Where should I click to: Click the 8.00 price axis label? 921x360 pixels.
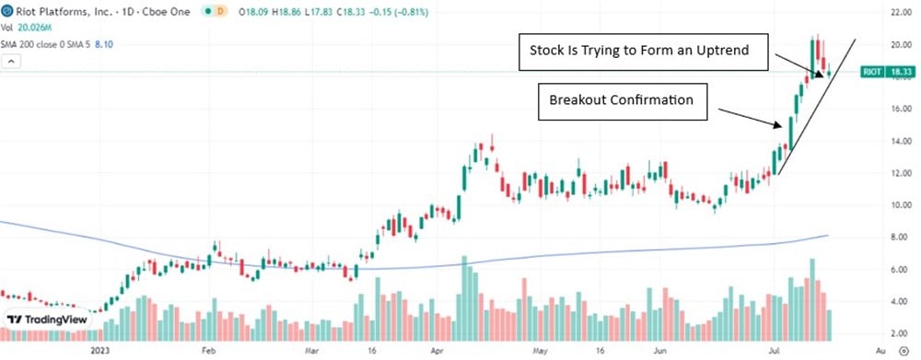coord(900,238)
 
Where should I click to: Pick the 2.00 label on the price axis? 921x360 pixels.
coord(900,333)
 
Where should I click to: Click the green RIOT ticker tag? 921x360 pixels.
coord(871,71)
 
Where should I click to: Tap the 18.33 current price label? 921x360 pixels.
coord(902,71)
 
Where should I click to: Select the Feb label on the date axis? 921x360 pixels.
coord(208,351)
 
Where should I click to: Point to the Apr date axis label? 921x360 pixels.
coord(435,351)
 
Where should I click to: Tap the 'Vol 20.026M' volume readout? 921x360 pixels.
coord(27,27)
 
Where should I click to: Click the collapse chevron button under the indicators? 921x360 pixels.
coord(10,62)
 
